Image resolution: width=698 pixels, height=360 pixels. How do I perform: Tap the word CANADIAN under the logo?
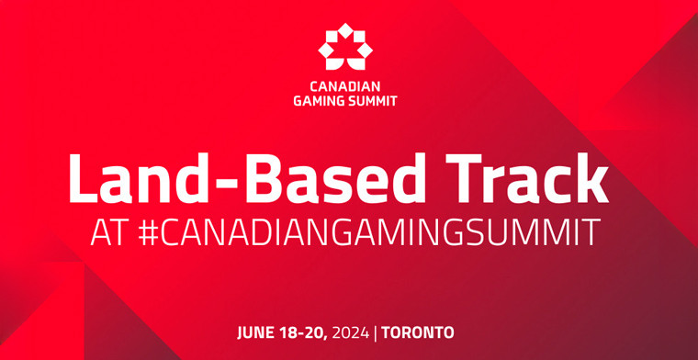[348, 87]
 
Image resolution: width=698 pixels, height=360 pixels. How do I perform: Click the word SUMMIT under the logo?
[376, 101]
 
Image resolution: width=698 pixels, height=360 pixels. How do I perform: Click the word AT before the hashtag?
[109, 231]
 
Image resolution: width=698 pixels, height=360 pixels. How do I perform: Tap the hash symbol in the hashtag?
[152, 231]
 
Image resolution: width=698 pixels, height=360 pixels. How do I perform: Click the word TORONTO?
[420, 331]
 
